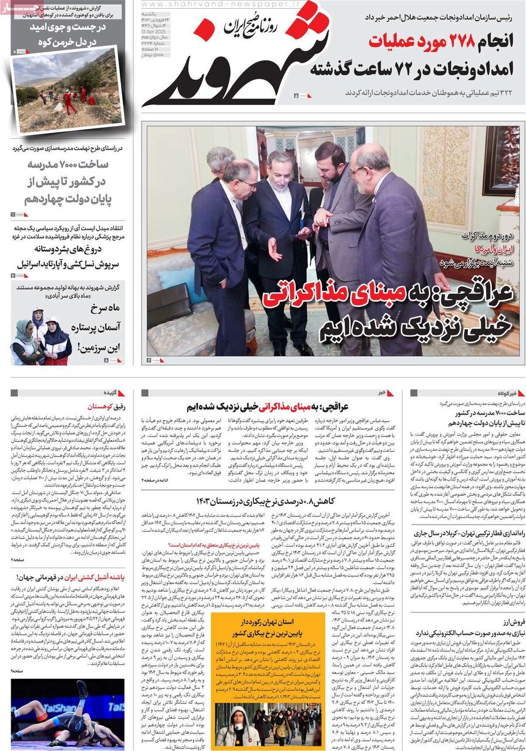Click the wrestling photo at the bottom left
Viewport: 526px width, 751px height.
point(68,713)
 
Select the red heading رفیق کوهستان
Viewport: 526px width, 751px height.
point(105,406)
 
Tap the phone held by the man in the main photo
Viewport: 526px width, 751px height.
point(305,232)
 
